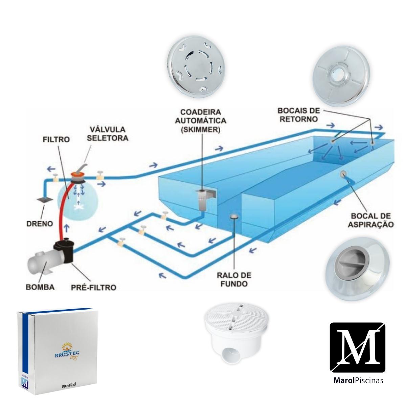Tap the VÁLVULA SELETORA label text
tap(108, 134)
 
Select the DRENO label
tap(40, 224)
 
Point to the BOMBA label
tap(40, 288)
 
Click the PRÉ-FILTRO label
tap(94, 288)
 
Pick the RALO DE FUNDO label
tap(234, 279)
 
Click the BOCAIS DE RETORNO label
tap(297, 115)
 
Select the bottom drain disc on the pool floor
tap(234, 217)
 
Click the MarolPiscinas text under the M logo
tap(356, 380)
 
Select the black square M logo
tap(357, 347)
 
